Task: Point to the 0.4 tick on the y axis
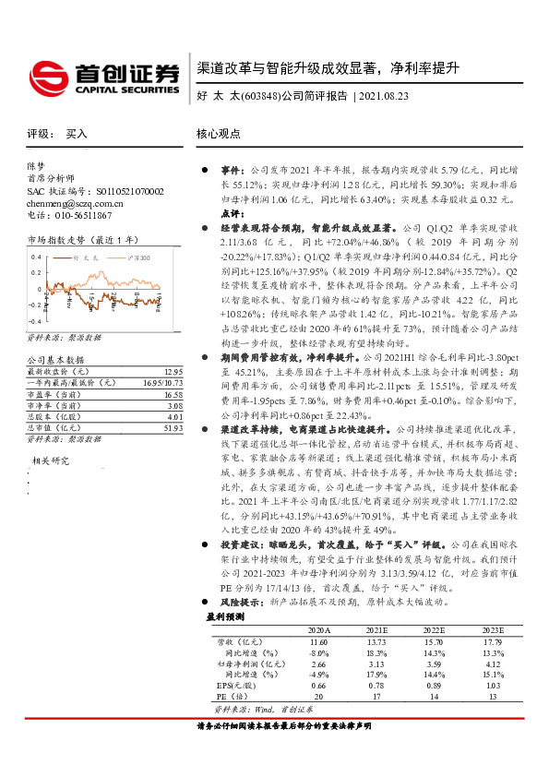[x=36, y=260]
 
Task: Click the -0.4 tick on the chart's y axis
[x=35, y=317]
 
